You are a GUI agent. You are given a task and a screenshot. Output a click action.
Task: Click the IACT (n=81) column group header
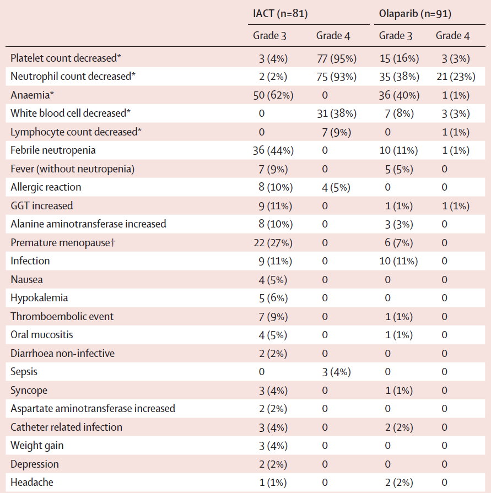280,14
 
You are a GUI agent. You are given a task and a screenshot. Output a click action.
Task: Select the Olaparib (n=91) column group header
415,14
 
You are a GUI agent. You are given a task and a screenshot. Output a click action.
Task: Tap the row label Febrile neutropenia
53,150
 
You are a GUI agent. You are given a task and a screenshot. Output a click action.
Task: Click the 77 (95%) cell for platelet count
337,58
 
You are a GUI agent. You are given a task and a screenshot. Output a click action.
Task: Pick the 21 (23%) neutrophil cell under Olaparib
456,77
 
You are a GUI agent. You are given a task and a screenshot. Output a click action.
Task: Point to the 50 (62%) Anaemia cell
273,95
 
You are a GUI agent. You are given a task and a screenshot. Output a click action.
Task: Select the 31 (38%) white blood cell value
337,113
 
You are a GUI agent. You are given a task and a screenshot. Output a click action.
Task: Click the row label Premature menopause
63,243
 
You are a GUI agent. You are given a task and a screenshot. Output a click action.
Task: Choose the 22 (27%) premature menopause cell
273,243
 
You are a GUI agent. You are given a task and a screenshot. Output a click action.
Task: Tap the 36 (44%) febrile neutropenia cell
273,150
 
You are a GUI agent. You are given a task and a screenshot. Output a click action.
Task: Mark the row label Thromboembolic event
62,316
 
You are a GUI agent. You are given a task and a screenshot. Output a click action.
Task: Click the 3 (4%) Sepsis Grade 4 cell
336,372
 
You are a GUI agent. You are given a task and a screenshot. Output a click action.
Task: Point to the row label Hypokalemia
39,298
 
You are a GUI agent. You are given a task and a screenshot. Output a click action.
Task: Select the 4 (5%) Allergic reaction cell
336,187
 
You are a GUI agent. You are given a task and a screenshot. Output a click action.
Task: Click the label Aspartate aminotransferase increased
93,408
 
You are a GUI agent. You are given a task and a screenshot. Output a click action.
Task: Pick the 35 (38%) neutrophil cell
399,77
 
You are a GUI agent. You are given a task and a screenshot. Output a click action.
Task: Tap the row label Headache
32,483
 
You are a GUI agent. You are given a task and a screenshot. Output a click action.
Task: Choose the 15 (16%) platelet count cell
399,58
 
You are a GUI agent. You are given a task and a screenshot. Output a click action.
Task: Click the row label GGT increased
41,205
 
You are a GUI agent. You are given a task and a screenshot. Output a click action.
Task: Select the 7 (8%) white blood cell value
399,113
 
